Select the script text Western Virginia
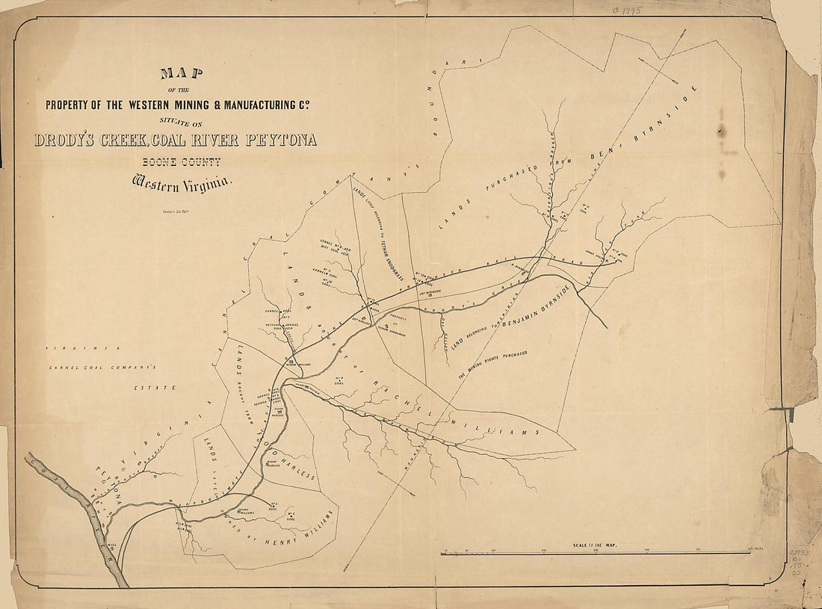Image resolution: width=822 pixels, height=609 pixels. click(x=183, y=181)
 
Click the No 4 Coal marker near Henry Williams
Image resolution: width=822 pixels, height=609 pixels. click(x=290, y=516)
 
